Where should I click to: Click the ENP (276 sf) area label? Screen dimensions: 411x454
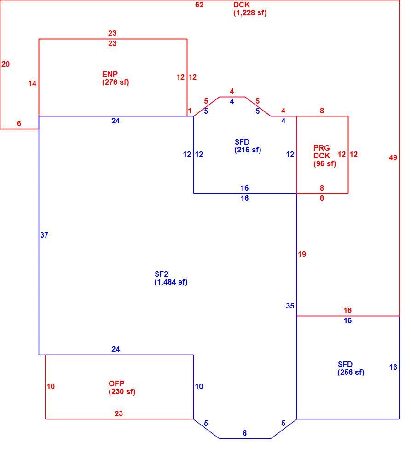coord(116,78)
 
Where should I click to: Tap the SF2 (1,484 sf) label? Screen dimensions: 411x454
coord(171,278)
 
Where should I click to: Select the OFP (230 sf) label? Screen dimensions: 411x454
coord(122,387)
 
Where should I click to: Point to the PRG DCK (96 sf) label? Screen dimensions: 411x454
coord(324,156)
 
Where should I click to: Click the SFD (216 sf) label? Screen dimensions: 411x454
coord(248,146)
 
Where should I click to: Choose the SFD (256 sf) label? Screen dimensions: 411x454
coord(351,368)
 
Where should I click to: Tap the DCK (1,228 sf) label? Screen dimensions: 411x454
coord(250,9)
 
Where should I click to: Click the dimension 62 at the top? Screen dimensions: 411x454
coord(199,5)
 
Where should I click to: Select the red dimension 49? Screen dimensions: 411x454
coord(393,158)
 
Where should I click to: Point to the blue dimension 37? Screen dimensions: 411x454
coord(44,235)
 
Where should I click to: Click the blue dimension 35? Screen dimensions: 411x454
coord(290,306)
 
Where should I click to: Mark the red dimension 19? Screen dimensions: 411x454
coord(302,254)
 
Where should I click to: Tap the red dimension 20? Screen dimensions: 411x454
coord(6,64)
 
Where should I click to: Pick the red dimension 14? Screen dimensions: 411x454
coord(32,84)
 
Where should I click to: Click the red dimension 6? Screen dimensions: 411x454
coord(19,124)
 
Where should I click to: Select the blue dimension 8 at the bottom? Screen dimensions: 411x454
coord(244,433)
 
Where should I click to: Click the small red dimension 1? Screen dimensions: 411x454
coord(190,111)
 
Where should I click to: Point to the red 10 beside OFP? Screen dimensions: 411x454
coord(51,386)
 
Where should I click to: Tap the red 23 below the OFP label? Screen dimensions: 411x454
coord(119,413)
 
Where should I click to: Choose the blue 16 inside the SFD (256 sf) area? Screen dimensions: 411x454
coord(393,367)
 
